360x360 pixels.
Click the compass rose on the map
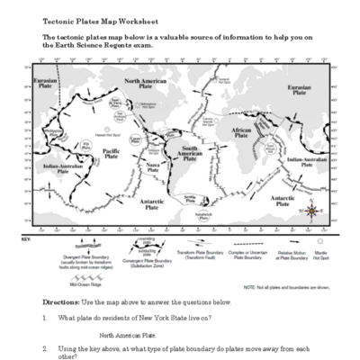click(x=310, y=211)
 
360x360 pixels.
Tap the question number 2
click(x=45, y=346)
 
